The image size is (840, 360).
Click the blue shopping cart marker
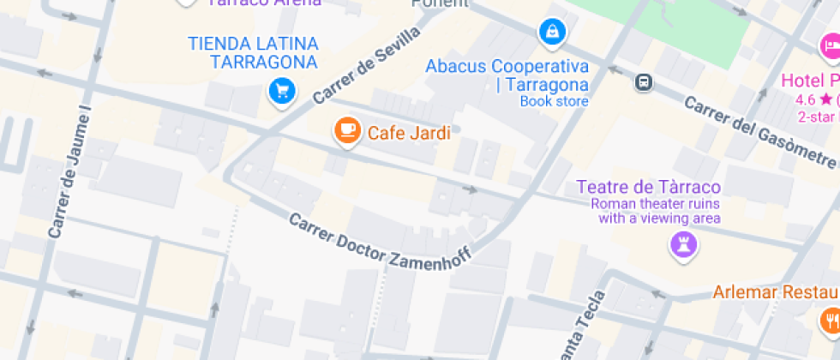click(281, 90)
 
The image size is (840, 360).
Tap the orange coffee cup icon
click(346, 130)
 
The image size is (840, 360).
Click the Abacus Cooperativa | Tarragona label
click(507, 75)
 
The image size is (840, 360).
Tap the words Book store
click(554, 101)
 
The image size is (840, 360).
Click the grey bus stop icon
click(644, 82)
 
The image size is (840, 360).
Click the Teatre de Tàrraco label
click(649, 187)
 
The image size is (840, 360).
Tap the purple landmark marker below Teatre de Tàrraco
click(683, 244)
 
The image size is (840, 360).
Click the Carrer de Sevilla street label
click(367, 64)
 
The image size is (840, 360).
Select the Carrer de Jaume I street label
click(70, 171)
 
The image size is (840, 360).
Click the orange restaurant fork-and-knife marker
click(831, 320)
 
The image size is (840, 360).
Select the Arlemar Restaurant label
click(776, 292)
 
